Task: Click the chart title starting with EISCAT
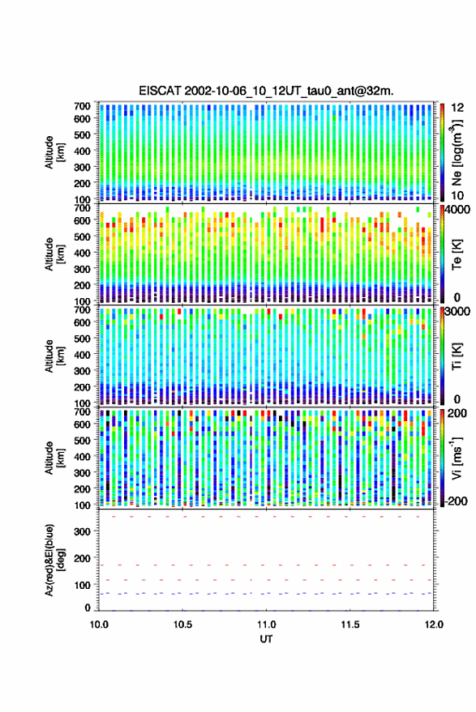[x=266, y=91]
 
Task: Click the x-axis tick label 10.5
[x=182, y=625]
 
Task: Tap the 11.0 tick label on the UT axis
[x=266, y=625]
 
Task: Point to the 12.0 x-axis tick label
[x=434, y=625]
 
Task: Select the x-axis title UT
[x=266, y=639]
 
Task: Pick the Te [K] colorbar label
[x=457, y=254]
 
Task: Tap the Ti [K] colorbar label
[x=457, y=356]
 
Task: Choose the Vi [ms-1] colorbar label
[x=457, y=458]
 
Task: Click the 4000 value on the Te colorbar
[x=457, y=211]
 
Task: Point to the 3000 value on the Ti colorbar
[x=457, y=312]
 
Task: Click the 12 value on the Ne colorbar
[x=457, y=108]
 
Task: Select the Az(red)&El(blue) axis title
[x=55, y=560]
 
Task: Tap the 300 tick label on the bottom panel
[x=82, y=531]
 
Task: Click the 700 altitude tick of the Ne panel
[x=82, y=106]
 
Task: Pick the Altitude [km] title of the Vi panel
[x=55, y=458]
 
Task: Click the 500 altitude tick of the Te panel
[x=82, y=237]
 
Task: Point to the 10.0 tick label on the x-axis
[x=99, y=625]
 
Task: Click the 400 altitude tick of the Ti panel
[x=82, y=355]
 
